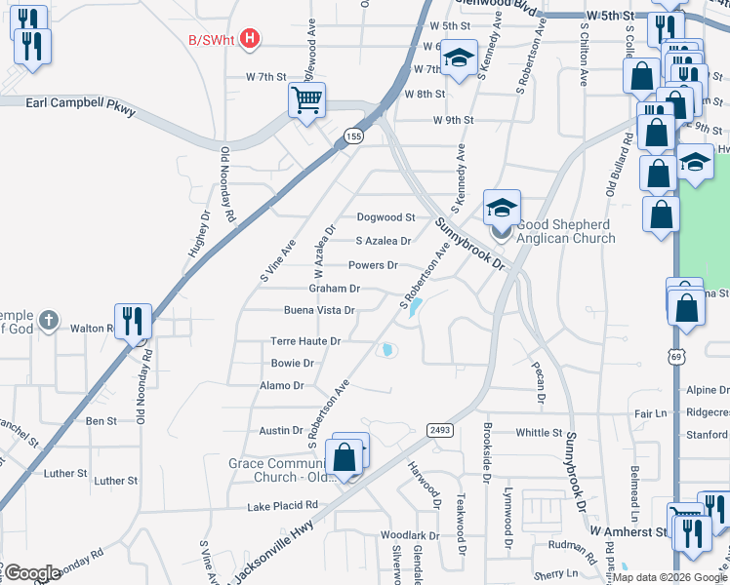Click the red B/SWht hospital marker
(251, 40)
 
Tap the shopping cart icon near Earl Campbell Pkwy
(306, 98)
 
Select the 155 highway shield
(353, 137)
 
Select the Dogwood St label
(385, 217)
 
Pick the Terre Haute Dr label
(305, 341)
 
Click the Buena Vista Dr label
(317, 311)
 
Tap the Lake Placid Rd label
(282, 505)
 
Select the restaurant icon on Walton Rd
(133, 321)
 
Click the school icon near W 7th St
(458, 58)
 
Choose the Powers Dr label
(373, 265)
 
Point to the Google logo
(32, 573)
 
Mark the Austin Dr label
(281, 430)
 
